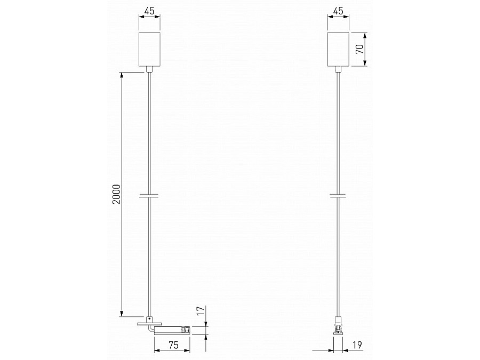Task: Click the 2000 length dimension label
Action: click(x=117, y=194)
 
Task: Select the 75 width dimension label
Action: click(x=173, y=345)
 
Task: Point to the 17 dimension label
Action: click(x=200, y=311)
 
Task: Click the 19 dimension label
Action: click(x=357, y=345)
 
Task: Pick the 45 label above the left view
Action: click(x=149, y=11)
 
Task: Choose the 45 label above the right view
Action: click(x=338, y=11)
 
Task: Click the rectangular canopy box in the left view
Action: click(x=149, y=49)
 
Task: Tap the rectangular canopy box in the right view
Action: click(x=338, y=49)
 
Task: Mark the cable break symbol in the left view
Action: click(x=149, y=195)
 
